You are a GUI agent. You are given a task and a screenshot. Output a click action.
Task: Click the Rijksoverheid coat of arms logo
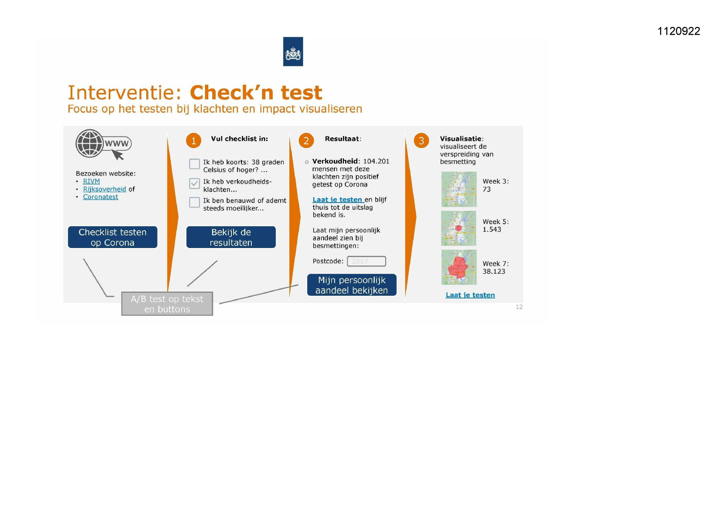[293, 52]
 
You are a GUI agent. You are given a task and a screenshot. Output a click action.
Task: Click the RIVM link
[91, 181]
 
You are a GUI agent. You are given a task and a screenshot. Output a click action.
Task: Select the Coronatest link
[100, 197]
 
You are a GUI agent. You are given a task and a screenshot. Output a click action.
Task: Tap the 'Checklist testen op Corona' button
[112, 237]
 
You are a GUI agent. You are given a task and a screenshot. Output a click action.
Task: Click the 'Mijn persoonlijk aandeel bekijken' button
[352, 285]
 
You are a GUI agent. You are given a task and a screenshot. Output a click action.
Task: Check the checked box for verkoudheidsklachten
[194, 184]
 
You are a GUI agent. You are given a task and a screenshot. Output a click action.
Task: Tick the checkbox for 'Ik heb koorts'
[194, 164]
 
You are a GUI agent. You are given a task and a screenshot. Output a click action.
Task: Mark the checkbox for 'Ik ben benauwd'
[194, 203]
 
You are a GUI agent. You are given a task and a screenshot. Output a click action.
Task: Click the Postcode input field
[366, 261]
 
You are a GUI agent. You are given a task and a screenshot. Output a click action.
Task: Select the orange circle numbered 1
[193, 141]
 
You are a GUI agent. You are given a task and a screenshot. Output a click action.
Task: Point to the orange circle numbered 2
[306, 141]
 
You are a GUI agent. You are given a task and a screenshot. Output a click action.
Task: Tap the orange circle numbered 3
[421, 141]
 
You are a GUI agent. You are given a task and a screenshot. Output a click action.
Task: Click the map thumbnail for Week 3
[459, 189]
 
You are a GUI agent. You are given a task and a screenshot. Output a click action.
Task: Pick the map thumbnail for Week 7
[459, 267]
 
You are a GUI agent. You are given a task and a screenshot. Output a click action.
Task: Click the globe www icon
[103, 144]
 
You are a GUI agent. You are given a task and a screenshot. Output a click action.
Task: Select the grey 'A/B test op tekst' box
[167, 304]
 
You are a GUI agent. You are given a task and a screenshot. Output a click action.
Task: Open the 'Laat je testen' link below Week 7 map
[470, 295]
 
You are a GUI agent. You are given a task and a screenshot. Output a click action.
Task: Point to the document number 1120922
[679, 31]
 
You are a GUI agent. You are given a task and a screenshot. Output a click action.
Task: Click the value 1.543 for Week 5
[492, 229]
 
